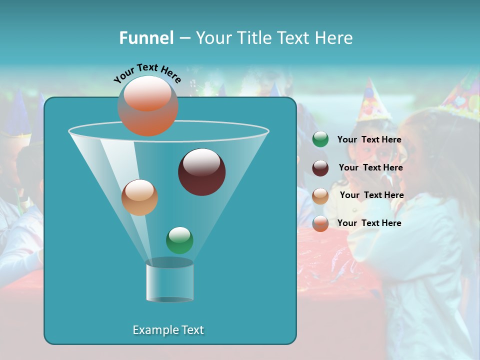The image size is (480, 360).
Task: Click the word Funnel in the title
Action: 146,38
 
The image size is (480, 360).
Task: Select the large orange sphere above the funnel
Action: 148,106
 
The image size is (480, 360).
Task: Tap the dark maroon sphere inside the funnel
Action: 201,172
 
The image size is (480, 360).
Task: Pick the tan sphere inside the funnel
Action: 139,197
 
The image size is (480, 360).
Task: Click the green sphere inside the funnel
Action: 179,240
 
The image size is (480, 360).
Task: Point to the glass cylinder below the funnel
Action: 170,281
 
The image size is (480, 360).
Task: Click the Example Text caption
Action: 168,330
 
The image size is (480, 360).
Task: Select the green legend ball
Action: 320,139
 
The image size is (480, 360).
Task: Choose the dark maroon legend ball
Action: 320,168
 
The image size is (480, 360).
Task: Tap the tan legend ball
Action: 320,196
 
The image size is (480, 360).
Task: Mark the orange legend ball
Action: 320,223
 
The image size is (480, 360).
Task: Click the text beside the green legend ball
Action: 369,139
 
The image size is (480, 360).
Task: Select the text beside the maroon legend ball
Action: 370,167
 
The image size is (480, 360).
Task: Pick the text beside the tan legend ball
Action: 371,195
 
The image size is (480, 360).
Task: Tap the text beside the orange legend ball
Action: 369,223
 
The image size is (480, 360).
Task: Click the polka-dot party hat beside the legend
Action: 371,101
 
